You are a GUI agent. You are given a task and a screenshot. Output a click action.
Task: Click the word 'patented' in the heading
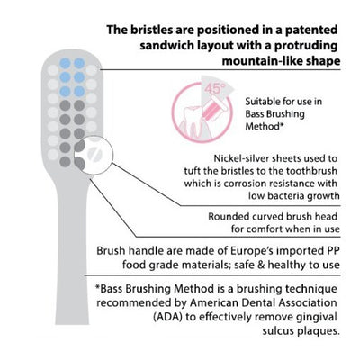tap(311, 30)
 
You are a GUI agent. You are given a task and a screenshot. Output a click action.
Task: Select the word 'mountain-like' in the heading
tap(263, 61)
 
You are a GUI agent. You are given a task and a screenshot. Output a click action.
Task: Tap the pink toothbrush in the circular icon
tap(213, 109)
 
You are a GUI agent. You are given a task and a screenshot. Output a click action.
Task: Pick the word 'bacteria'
tap(287, 196)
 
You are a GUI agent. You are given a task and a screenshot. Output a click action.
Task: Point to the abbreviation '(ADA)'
tap(168, 317)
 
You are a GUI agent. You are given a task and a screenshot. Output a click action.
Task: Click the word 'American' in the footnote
tap(212, 302)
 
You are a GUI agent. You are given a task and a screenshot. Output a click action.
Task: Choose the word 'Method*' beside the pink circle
tap(265, 126)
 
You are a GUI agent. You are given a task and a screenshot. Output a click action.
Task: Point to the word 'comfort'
tap(265, 229)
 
